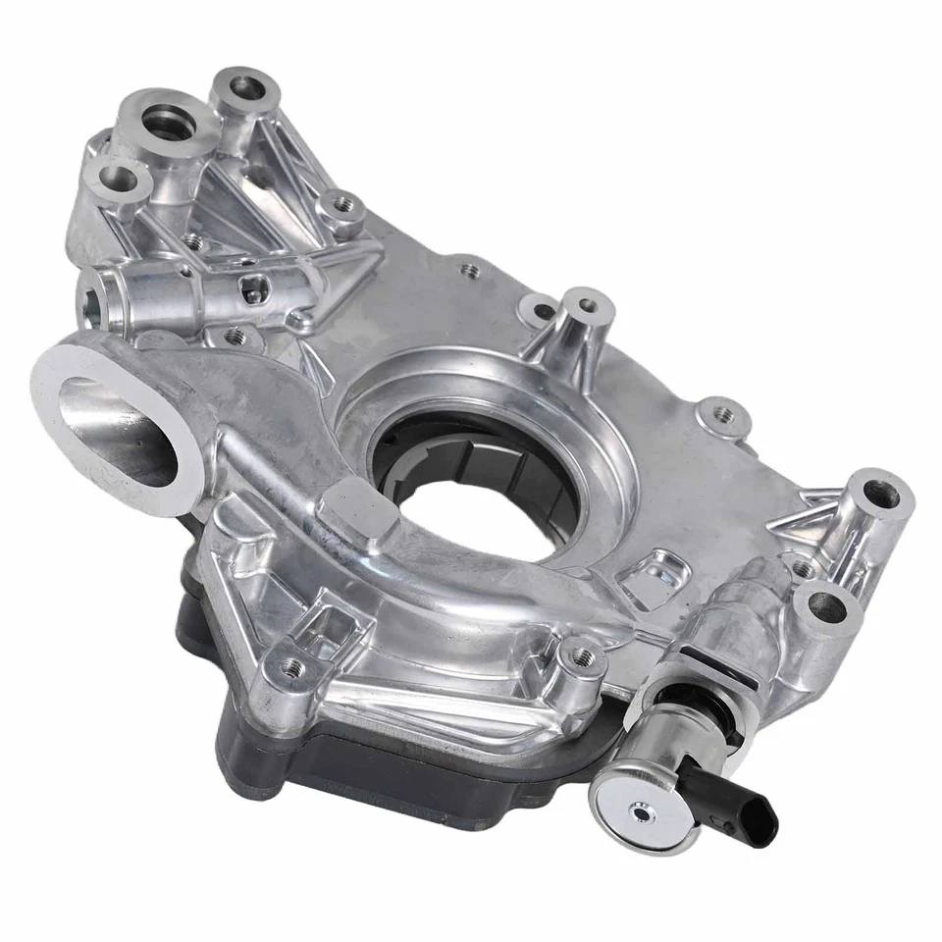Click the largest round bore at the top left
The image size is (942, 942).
162,123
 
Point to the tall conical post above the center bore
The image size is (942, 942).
587,308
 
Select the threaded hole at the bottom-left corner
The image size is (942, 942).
290,667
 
